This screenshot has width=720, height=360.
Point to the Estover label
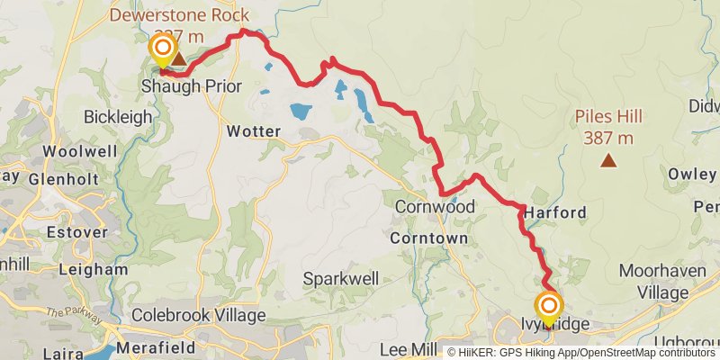pos(83,232)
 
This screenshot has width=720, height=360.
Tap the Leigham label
pos(93,268)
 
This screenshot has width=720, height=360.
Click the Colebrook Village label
pos(199,316)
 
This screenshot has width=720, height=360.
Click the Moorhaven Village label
pos(664,280)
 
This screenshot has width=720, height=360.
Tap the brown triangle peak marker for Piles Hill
pos(609,161)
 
